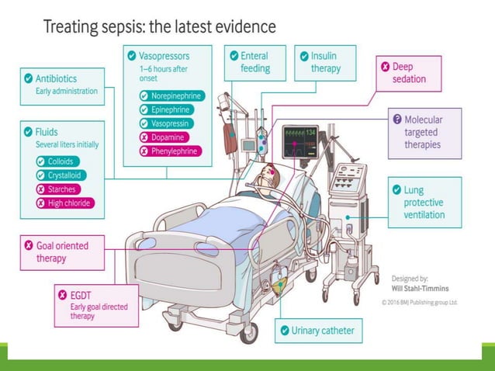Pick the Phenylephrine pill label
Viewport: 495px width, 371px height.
168,151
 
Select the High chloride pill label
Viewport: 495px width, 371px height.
65,203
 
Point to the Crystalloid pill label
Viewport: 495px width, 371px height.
63,175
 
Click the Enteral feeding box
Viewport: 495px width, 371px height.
249,62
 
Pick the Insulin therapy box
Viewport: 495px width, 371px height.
324,62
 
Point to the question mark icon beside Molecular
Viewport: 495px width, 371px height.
397,120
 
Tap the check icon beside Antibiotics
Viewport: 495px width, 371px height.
29,78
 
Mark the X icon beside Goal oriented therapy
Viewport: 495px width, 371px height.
29,246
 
